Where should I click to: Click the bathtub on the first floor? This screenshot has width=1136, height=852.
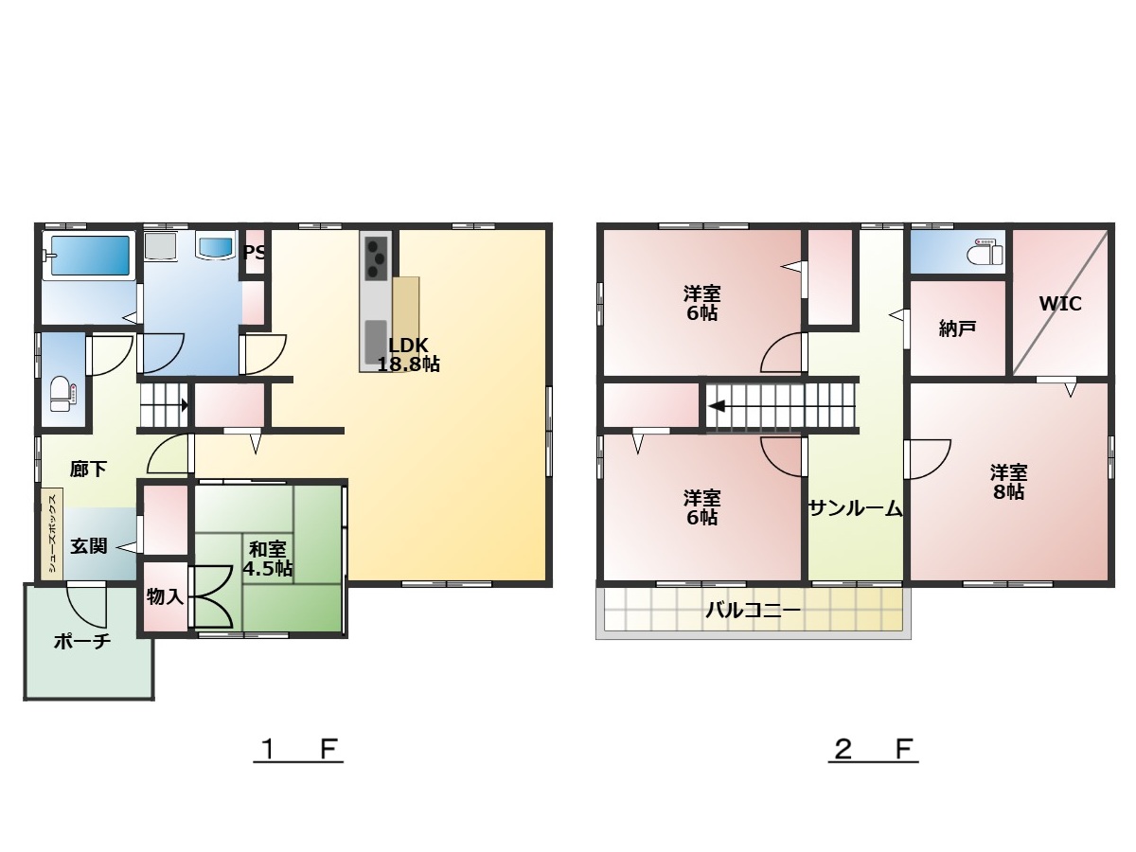pyautogui.click(x=89, y=256)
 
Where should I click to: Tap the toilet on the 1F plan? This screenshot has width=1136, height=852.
pyautogui.click(x=63, y=394)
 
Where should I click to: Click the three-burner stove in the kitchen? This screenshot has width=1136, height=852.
pyautogui.click(x=376, y=258)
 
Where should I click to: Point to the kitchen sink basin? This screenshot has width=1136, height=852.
pyautogui.click(x=376, y=342)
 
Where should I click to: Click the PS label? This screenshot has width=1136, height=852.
pyautogui.click(x=255, y=253)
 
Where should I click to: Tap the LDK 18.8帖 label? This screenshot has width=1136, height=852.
pyautogui.click(x=408, y=354)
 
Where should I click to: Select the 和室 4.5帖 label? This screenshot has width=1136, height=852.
pyautogui.click(x=268, y=559)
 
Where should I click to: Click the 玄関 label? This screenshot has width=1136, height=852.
pyautogui.click(x=89, y=546)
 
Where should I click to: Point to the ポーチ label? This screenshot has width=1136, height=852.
pyautogui.click(x=82, y=642)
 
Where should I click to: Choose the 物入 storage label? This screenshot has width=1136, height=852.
pyautogui.click(x=165, y=596)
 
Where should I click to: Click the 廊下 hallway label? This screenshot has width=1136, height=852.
pyautogui.click(x=88, y=470)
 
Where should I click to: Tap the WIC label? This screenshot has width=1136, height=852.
pyautogui.click(x=1060, y=304)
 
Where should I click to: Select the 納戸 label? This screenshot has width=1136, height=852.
pyautogui.click(x=958, y=328)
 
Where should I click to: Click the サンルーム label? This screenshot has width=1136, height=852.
pyautogui.click(x=855, y=509)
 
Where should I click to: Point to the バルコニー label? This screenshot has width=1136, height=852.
pyautogui.click(x=754, y=611)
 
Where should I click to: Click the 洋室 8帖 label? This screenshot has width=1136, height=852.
pyautogui.click(x=1009, y=482)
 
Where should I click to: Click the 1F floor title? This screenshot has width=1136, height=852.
pyautogui.click(x=298, y=749)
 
